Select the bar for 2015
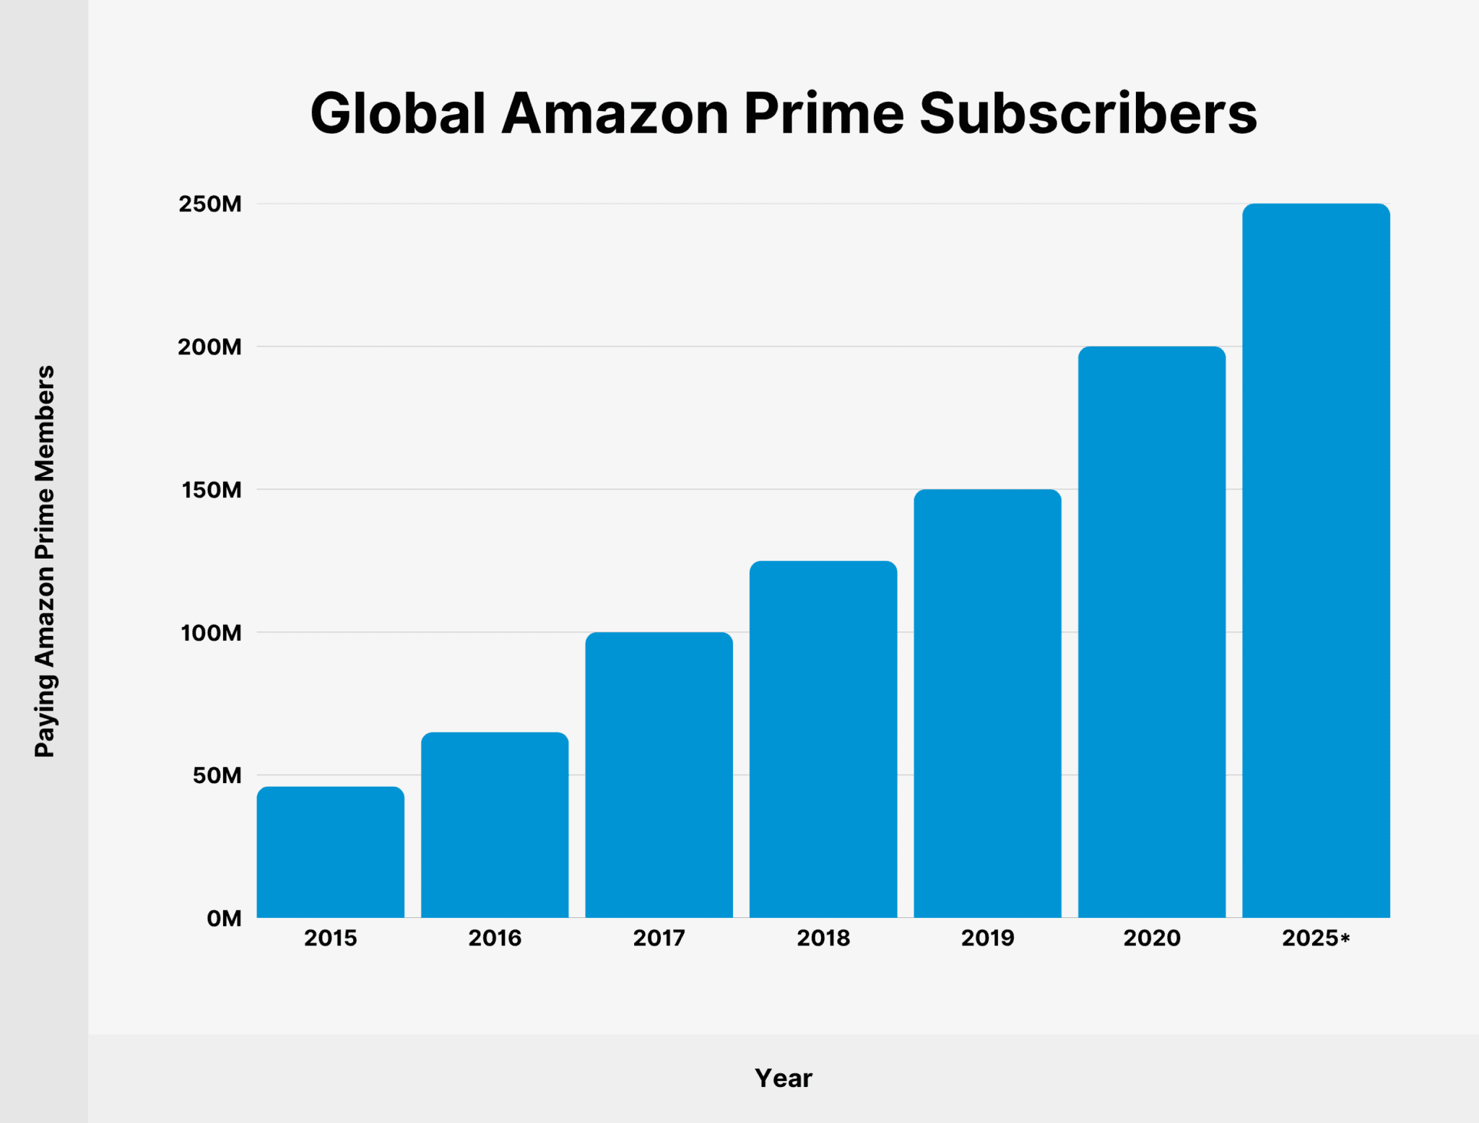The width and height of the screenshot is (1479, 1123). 331,852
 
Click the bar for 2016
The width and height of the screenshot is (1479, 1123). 495,825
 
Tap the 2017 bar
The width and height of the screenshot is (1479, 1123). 659,774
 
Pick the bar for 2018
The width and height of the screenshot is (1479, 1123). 823,739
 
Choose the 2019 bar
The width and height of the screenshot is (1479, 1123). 987,704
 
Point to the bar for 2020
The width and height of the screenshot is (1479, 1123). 1152,632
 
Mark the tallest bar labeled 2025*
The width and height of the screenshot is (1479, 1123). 1316,561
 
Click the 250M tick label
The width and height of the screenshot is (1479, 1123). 210,204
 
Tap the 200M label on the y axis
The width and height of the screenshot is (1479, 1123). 210,347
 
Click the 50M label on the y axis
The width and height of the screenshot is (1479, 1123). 217,776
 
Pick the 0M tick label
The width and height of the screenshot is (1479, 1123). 224,919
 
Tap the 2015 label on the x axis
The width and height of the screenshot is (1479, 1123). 331,938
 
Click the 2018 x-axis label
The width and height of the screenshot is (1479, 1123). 823,938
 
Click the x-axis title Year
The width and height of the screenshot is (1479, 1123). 784,1078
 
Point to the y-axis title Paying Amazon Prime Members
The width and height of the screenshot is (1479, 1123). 45,561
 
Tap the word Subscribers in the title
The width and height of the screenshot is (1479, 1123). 1088,114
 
